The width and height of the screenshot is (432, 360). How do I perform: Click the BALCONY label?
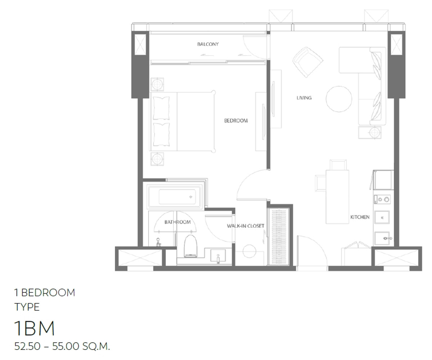coord(208,44)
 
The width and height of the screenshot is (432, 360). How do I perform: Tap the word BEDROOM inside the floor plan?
coord(236,120)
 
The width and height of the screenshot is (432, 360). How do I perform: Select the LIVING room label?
coord(304,98)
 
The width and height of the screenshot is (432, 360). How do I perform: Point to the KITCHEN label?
coord(360,217)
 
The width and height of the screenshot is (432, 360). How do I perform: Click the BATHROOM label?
coord(177,222)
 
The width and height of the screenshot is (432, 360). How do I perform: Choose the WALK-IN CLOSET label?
coord(246,226)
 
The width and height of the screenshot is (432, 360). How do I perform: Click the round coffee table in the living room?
coord(339,99)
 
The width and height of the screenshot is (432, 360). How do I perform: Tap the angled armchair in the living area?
coord(308,62)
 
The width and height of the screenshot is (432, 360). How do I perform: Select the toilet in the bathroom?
coord(190,246)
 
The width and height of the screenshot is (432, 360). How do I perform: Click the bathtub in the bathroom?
coord(174,197)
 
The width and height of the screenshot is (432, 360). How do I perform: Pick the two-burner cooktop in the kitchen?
coord(382,200)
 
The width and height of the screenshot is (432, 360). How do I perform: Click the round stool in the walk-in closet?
coord(249,251)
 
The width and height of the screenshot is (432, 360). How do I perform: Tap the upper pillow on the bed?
coord(161,108)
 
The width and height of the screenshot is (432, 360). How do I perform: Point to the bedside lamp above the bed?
coord(157,84)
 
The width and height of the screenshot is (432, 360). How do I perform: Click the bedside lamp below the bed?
coord(157,159)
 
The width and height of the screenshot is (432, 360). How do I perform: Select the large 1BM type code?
coord(34,328)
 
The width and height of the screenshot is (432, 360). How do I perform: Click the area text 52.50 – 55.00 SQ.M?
coord(62,346)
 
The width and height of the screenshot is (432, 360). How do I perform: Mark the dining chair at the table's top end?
coord(338,165)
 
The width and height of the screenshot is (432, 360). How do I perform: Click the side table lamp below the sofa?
coord(374,132)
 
